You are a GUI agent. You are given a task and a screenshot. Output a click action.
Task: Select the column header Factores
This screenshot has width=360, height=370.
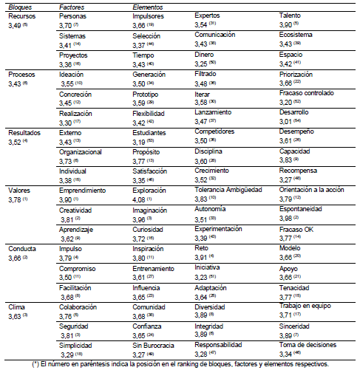click(x=72, y=6)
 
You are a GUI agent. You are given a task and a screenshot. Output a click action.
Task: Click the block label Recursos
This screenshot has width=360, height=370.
click(x=21, y=16)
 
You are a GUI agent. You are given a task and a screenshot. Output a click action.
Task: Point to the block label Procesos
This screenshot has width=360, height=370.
click(x=21, y=74)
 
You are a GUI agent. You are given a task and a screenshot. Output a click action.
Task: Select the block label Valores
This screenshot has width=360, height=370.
click(x=19, y=190)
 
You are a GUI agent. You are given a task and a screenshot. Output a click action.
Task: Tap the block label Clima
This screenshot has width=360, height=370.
click(x=16, y=306)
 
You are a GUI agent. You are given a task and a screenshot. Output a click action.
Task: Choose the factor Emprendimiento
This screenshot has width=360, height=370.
click(x=83, y=190)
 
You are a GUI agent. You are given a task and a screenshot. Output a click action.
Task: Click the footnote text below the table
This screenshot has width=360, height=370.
click(x=180, y=363)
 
